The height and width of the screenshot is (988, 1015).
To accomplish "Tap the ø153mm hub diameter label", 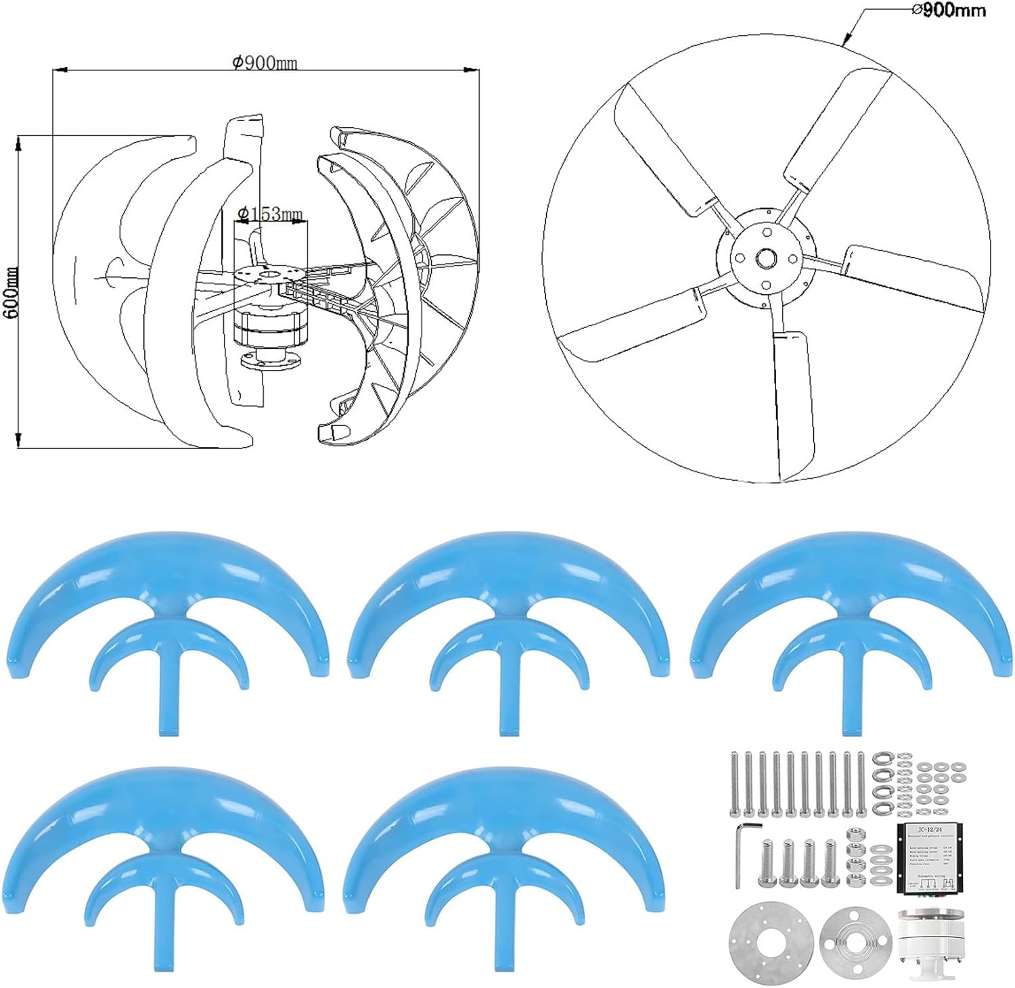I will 270,214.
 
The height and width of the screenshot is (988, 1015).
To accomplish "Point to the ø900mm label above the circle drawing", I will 949,11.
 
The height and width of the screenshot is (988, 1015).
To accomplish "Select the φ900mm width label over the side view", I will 264,63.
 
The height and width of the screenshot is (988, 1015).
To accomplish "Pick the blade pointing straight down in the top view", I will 793,399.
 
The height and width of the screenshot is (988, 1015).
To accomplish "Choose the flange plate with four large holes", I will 855,939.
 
